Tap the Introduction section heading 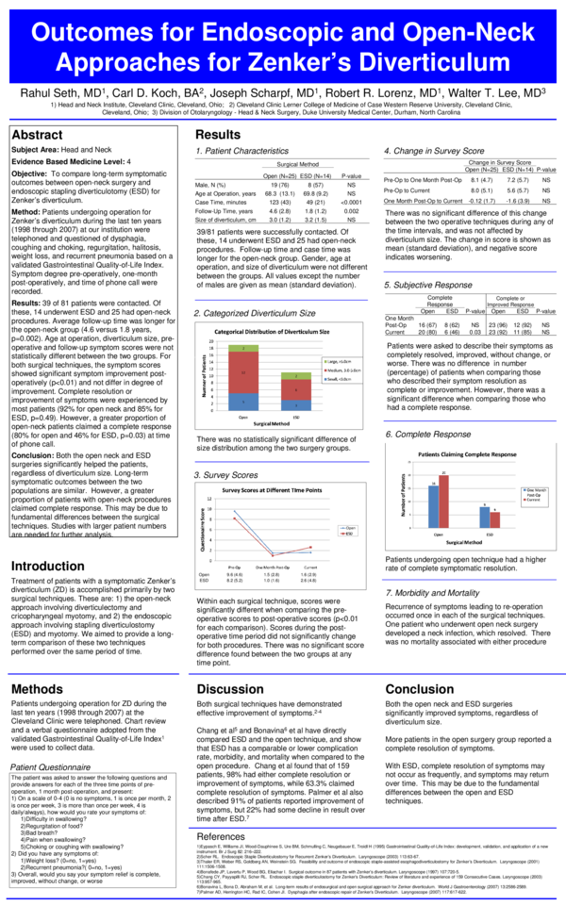[x=47, y=566]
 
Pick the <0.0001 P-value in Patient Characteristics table [x=351, y=202]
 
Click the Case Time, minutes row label [x=220, y=202]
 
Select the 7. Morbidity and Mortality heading [x=432, y=592]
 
